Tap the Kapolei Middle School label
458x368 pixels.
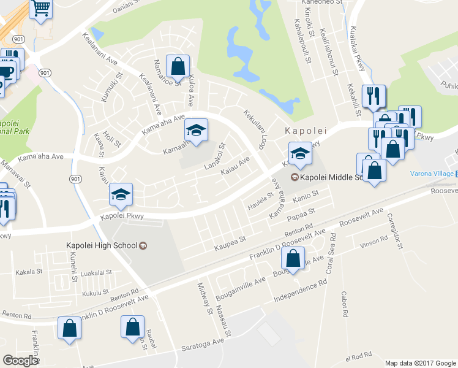pos(331,178)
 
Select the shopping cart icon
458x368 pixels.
pos(41,9)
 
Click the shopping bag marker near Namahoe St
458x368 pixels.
pos(178,66)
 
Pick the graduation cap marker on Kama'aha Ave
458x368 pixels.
pos(197,130)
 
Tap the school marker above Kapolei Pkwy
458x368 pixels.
pos(121,196)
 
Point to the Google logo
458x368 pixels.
pos(20,361)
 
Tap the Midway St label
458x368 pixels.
pos(204,298)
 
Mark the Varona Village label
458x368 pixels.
pos(429,174)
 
